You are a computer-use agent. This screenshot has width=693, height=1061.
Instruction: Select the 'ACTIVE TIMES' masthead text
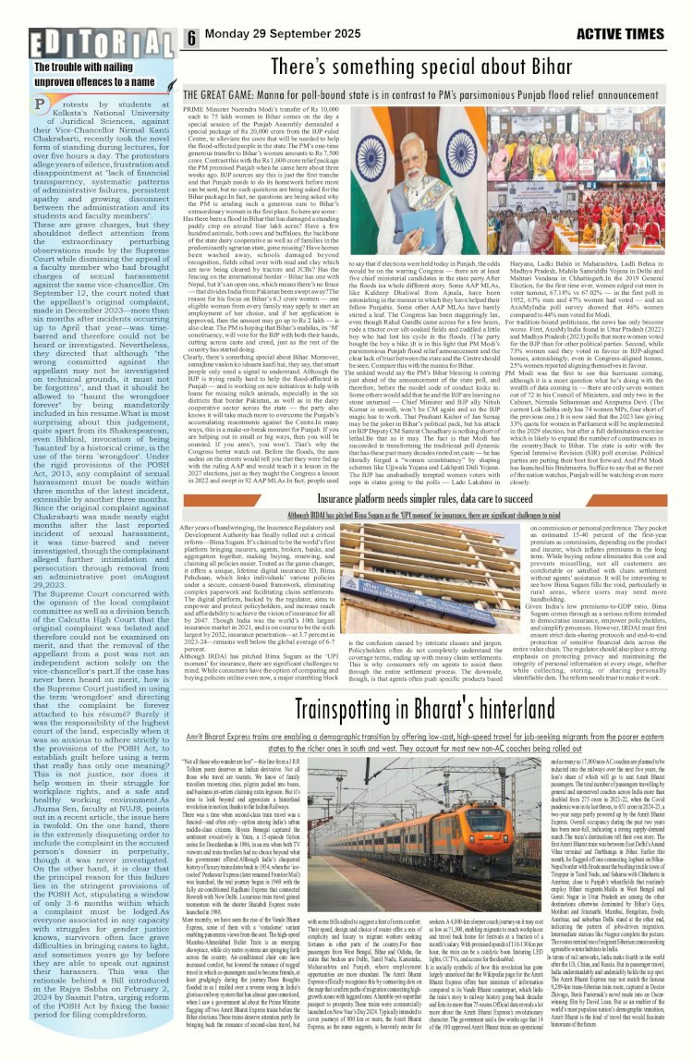click(632, 38)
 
